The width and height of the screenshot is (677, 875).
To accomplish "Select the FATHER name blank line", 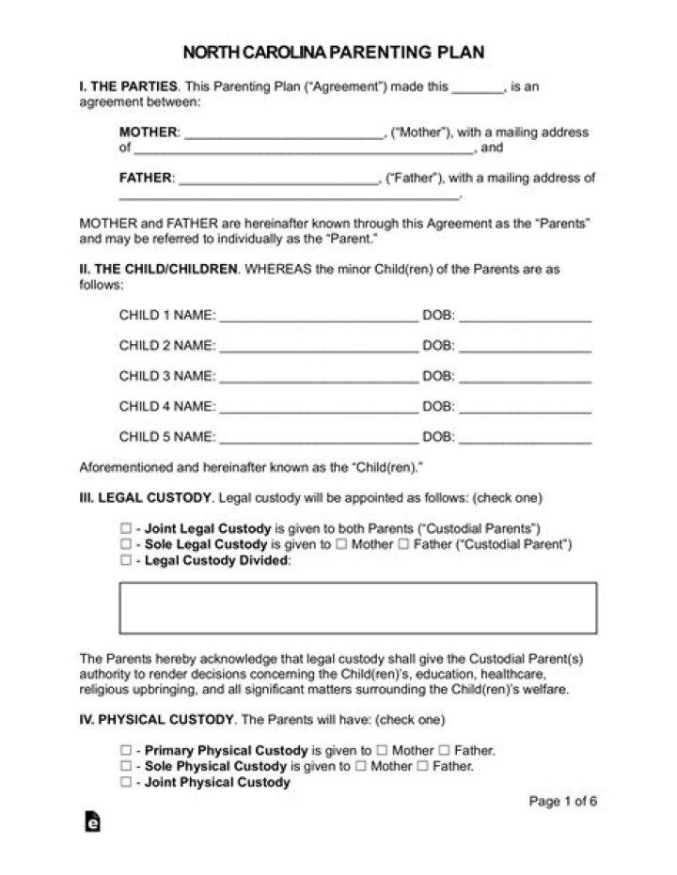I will click(x=277, y=179).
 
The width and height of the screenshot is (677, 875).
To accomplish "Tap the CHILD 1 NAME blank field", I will click(x=319, y=317).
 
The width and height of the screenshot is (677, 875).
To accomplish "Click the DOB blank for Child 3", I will click(x=526, y=378).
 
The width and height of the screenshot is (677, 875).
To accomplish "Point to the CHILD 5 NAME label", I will click(x=167, y=437).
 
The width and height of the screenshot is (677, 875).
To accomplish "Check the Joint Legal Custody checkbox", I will click(x=125, y=529).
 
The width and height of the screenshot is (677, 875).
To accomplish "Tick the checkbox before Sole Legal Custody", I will click(x=125, y=545).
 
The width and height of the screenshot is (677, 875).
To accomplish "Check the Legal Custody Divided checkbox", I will click(x=125, y=561).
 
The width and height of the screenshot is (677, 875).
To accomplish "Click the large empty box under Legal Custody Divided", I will click(x=357, y=607).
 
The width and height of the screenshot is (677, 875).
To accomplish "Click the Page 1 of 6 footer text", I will click(x=563, y=802).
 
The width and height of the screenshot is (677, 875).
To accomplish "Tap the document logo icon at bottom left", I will click(x=92, y=821).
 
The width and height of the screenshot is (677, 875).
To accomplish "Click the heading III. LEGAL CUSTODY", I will click(x=146, y=498).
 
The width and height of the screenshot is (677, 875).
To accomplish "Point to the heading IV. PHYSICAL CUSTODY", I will click(x=156, y=720).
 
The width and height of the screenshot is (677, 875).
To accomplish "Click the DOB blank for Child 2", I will click(x=526, y=347).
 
